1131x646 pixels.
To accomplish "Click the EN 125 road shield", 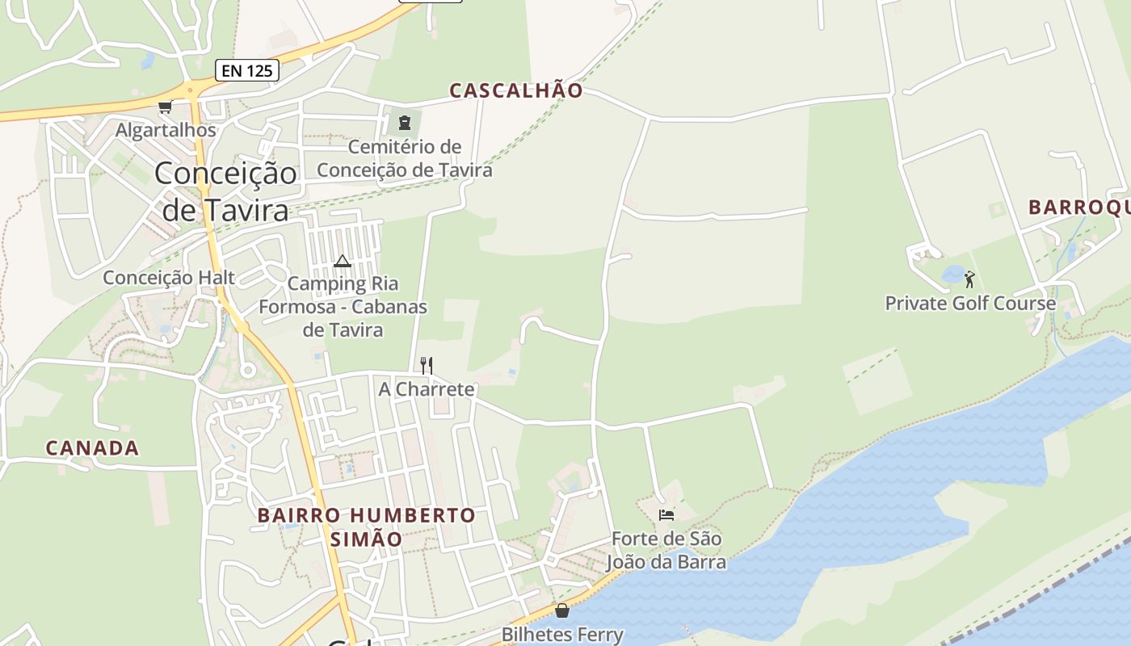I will click(x=247, y=70).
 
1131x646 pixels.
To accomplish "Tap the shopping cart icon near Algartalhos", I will click(x=166, y=107).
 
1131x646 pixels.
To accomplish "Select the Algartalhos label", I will click(x=166, y=130).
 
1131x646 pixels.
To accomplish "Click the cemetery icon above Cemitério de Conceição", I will click(x=404, y=123).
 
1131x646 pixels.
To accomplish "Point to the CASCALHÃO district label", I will click(x=515, y=90).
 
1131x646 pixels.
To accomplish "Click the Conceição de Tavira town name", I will click(x=225, y=191).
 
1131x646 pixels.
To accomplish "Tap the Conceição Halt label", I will click(x=169, y=278).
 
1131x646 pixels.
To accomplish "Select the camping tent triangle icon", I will click(x=343, y=261).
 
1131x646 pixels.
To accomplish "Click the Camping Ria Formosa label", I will click(x=343, y=307).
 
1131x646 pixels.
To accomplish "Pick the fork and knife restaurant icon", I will click(x=427, y=365).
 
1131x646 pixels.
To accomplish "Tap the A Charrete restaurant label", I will click(x=427, y=389).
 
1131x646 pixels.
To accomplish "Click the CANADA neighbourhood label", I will click(x=92, y=448).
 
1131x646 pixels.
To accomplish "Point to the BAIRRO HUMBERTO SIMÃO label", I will click(x=366, y=526).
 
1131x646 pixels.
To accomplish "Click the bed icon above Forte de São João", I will click(x=666, y=514).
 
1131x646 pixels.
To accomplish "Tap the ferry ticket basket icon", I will click(x=562, y=610).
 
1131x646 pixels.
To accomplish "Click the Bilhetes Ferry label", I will click(x=562, y=635).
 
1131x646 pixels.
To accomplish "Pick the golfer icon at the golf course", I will click(x=969, y=279).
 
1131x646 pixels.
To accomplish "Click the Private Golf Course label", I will click(x=970, y=304).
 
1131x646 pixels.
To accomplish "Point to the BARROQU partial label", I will click(x=1078, y=208).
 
